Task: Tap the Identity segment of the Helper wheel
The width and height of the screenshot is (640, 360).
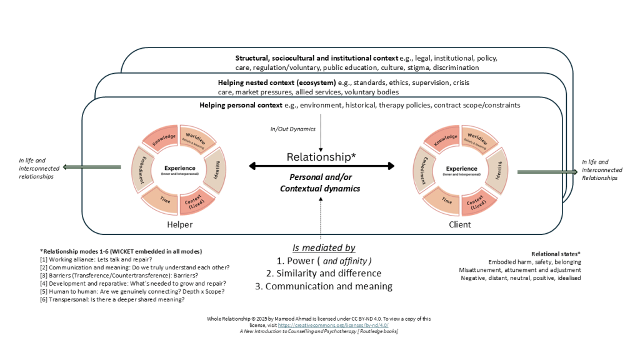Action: (214, 169)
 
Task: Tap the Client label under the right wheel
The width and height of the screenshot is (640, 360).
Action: (460, 224)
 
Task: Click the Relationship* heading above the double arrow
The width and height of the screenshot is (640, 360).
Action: (321, 157)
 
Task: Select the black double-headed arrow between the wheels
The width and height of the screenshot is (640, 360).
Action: (322, 166)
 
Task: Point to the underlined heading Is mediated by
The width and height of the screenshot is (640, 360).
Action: (324, 247)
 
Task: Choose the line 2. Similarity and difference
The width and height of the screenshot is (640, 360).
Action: (324, 273)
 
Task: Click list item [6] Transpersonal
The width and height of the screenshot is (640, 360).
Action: (112, 299)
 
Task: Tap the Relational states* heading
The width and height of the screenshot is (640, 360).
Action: (556, 254)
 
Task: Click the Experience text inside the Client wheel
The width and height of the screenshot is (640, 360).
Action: (462, 169)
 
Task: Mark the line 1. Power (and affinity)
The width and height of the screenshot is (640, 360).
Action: (324, 261)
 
